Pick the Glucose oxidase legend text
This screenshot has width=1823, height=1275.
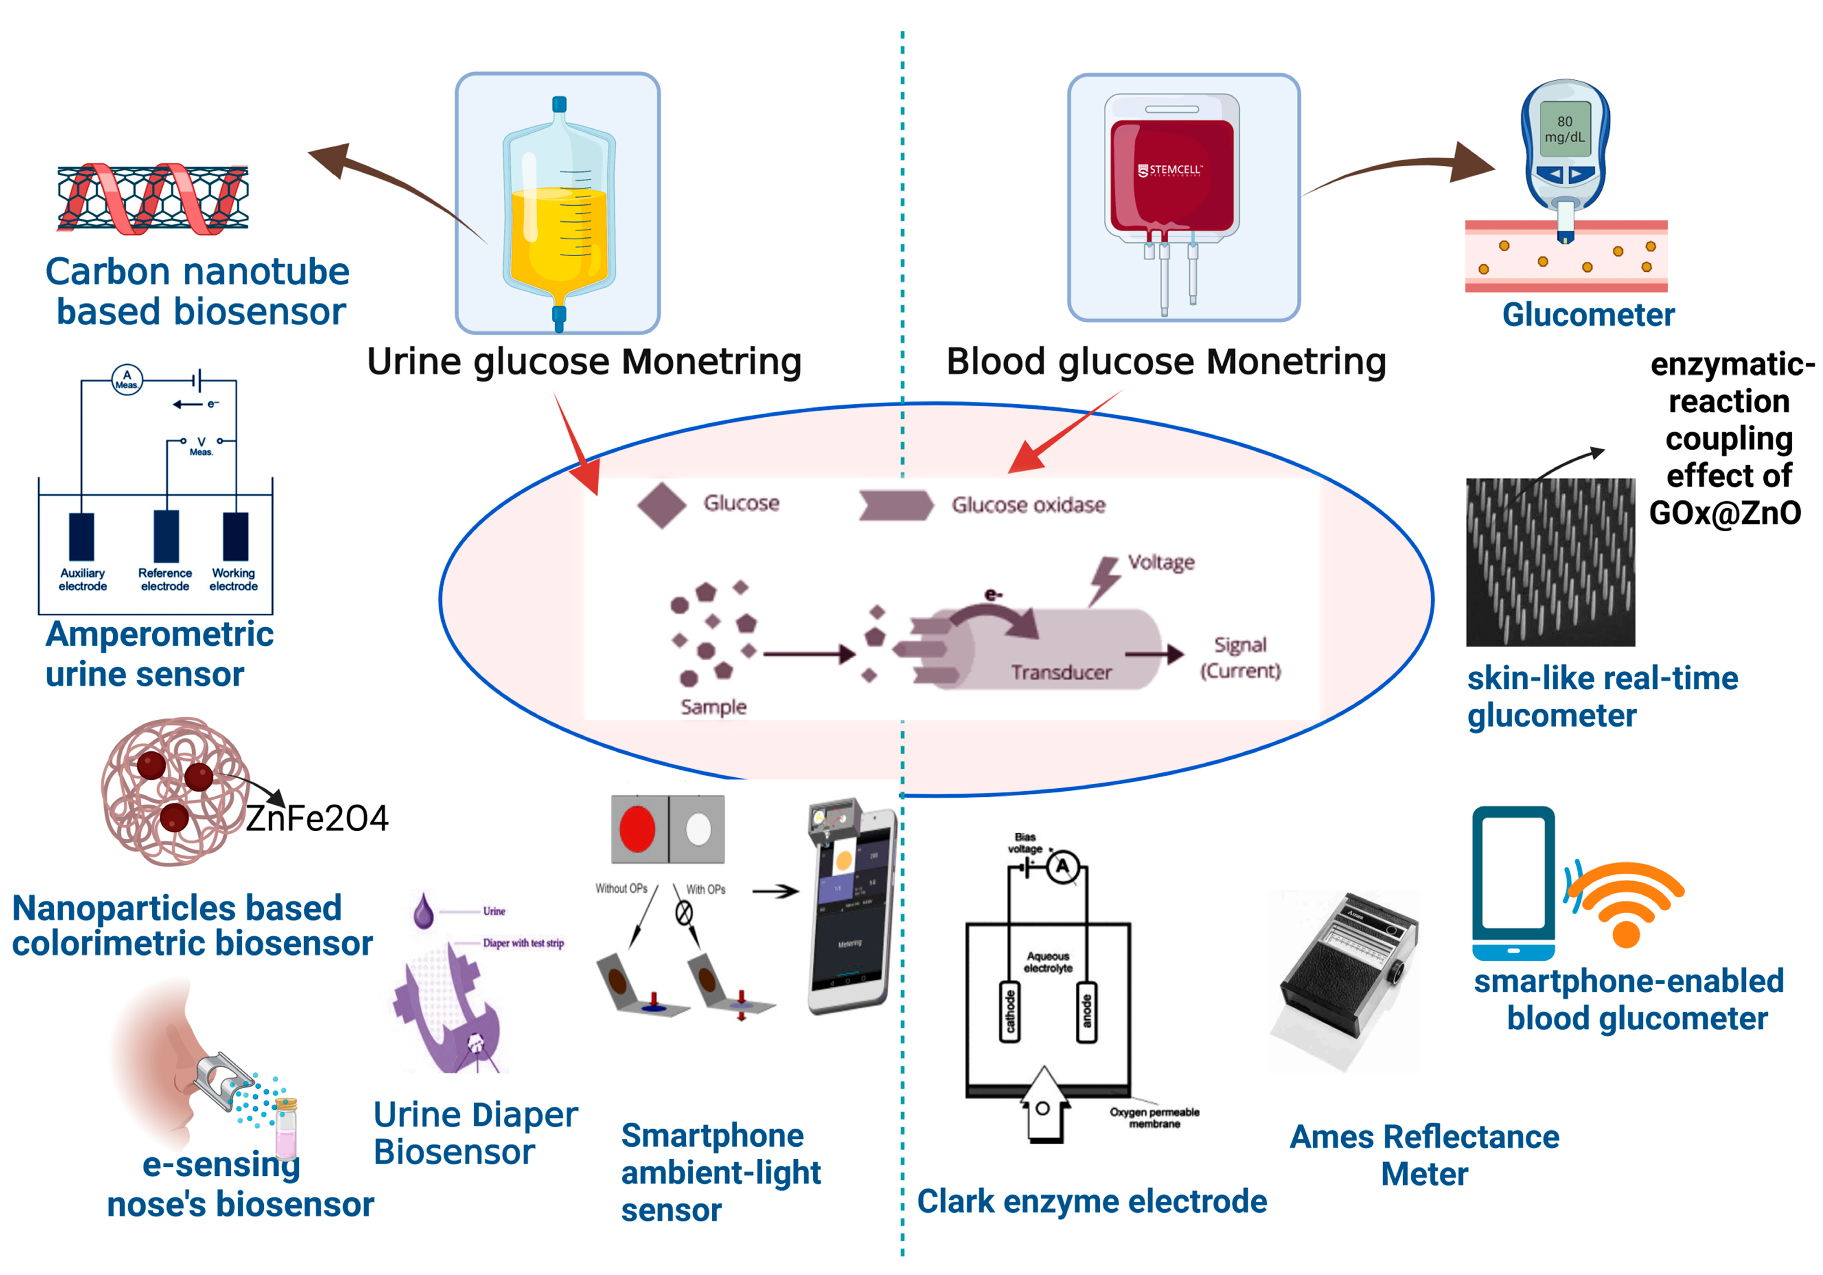[1028, 505]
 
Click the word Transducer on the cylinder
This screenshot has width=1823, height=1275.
[1061, 673]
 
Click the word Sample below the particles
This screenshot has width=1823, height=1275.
[713, 707]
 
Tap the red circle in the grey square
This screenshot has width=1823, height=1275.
[637, 829]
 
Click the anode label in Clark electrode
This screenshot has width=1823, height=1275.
[1086, 1011]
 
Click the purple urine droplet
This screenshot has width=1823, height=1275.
[423, 912]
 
